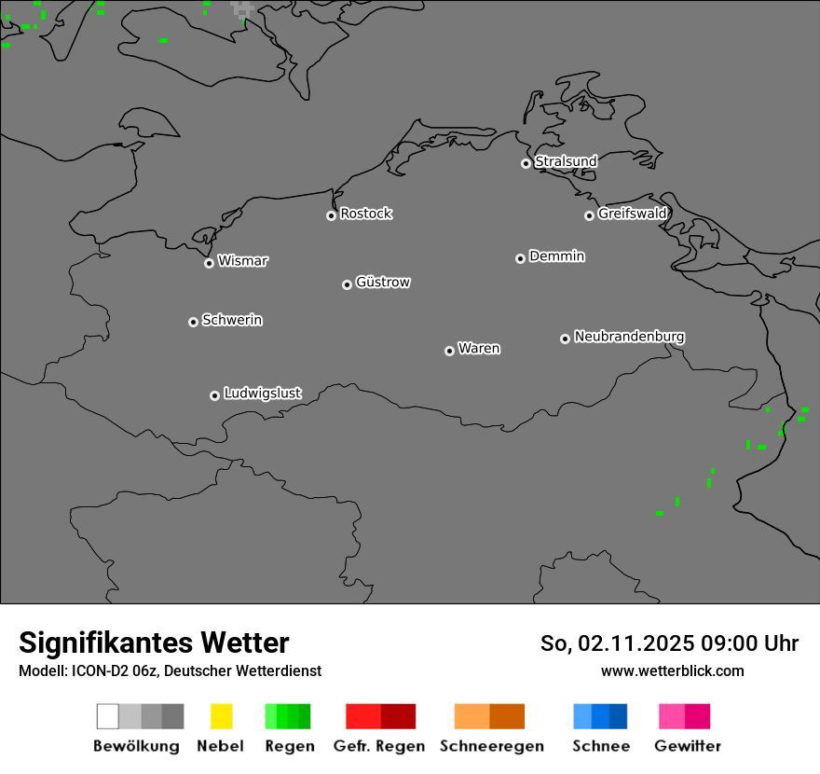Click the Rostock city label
pos(366,214)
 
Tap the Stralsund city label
pos(566,161)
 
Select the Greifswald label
pos(632,214)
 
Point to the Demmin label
pos(556,256)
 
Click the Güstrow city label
pos(383,282)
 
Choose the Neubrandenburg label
pos(629,337)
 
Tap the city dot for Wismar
pos(209,263)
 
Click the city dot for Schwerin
pos(193,322)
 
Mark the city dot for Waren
pos(449,351)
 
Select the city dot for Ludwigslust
pos(214,395)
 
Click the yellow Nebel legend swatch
pos(221,716)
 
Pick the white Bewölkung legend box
pos(108,716)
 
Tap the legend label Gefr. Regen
pos(379,746)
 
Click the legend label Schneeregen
pos(491,746)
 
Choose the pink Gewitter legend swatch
pos(672,716)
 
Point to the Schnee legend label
pos(600,746)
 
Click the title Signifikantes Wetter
pos(154,643)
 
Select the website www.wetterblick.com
pos(672,670)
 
